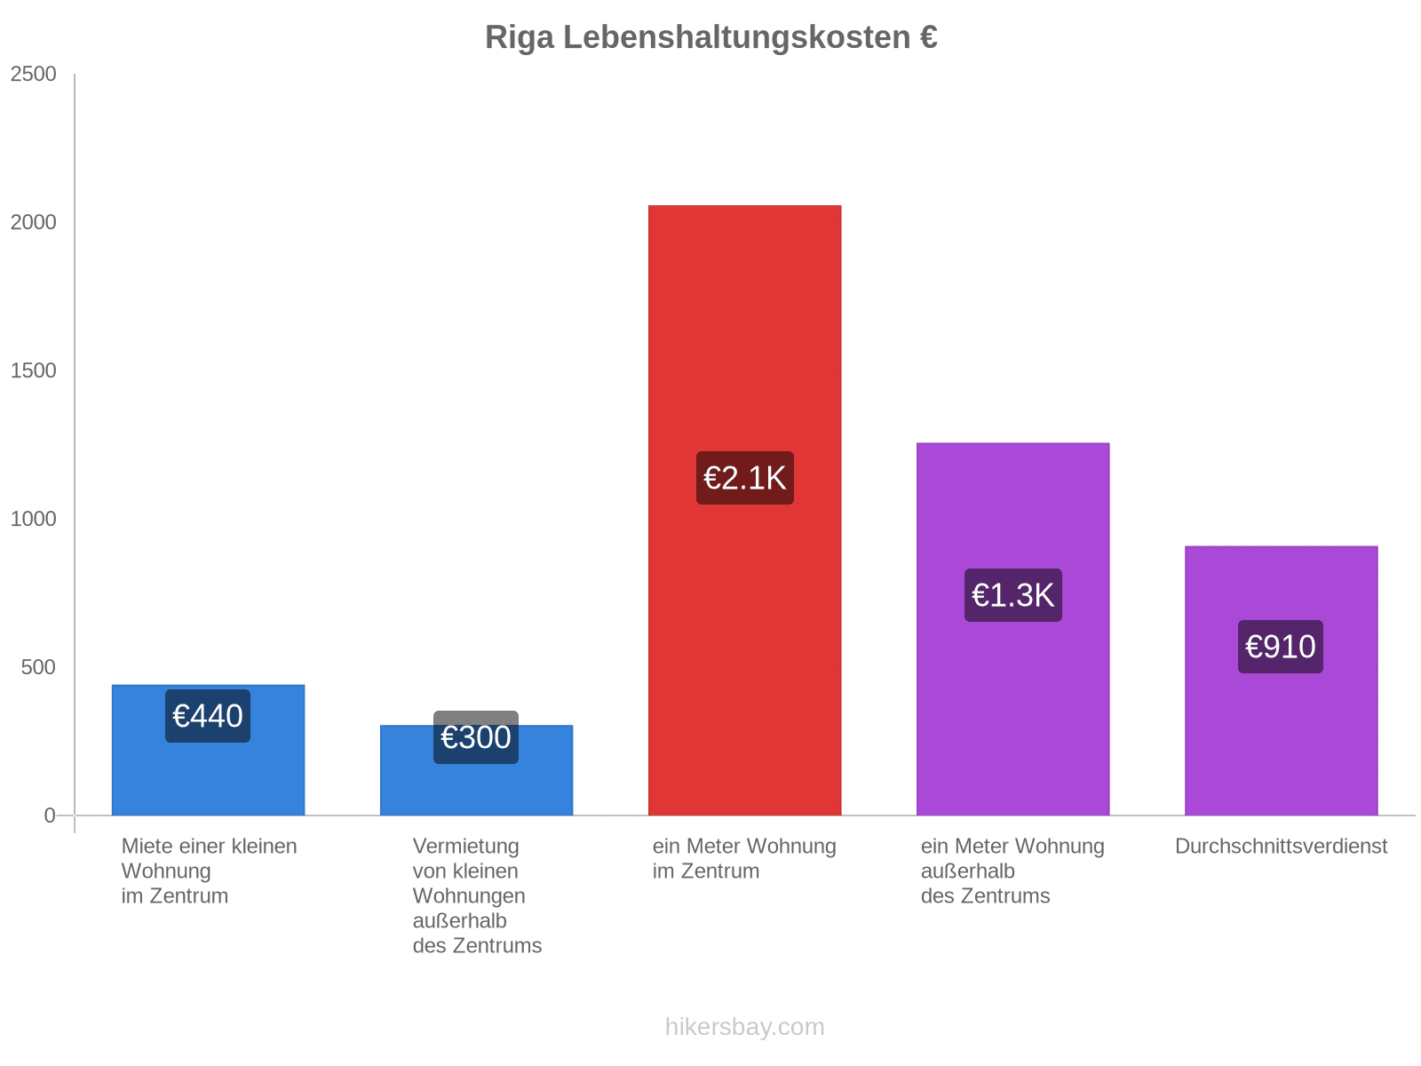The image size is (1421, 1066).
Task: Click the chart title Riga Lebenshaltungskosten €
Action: point(710,37)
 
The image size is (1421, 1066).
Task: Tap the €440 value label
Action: point(208,716)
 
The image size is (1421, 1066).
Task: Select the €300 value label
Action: point(476,737)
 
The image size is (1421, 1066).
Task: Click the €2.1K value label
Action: point(744,478)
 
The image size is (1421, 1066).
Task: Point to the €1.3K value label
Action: point(1012,595)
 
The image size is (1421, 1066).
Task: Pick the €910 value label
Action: point(1281,647)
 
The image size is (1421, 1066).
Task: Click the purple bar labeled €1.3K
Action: point(1012,711)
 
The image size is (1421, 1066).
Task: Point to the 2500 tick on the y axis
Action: point(34,75)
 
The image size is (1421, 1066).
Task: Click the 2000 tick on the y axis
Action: point(34,223)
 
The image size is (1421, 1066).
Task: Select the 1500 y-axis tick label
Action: point(34,371)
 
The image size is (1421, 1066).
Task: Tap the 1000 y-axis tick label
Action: point(34,520)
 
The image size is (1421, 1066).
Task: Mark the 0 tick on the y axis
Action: point(50,815)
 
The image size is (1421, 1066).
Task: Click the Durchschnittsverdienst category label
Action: point(1281,847)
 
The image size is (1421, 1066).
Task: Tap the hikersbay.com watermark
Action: point(744,1027)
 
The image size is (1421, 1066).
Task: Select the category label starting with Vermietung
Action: point(477,895)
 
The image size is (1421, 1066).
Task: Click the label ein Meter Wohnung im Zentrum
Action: point(744,858)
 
